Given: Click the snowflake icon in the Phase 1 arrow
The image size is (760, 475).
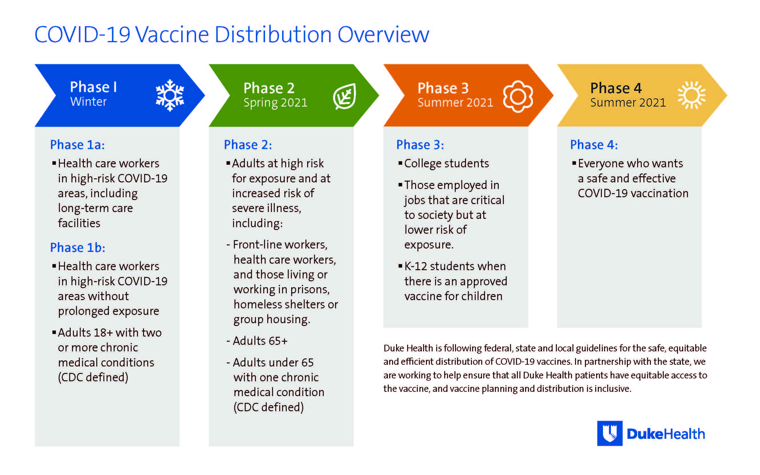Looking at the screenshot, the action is [x=170, y=95].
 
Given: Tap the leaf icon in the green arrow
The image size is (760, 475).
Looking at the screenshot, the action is [x=345, y=96].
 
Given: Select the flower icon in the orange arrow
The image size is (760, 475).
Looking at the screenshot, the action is [x=518, y=96].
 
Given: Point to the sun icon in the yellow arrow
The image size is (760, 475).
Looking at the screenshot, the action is [x=692, y=95].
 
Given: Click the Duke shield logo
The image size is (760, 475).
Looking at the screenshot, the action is [x=610, y=433].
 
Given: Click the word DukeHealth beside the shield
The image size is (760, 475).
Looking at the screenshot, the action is [x=666, y=434].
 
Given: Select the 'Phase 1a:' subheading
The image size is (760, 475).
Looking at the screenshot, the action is [x=77, y=145].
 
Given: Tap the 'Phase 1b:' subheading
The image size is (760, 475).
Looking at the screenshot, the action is [x=78, y=248].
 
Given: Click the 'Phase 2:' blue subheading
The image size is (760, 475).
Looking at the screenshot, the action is [x=248, y=145].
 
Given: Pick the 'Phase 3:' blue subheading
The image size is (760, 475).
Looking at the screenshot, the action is [x=420, y=145].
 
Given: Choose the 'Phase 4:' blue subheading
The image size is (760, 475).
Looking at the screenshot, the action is [x=594, y=145].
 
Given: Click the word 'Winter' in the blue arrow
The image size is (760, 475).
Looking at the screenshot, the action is [x=88, y=102].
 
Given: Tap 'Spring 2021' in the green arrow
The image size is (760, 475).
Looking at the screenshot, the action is [x=275, y=103].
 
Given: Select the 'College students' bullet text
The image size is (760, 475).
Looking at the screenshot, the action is [x=447, y=164].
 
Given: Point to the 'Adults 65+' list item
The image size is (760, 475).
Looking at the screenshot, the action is [x=260, y=341].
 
